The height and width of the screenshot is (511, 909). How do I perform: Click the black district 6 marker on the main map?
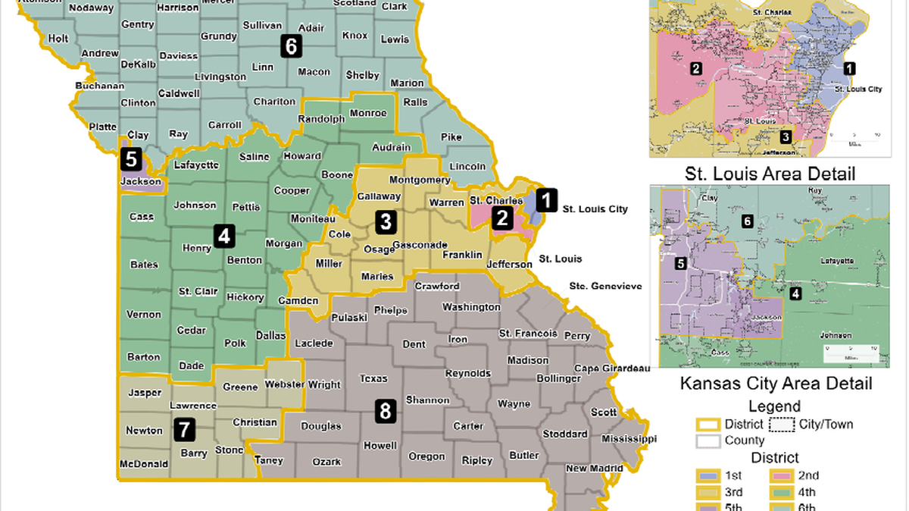pos(290,46)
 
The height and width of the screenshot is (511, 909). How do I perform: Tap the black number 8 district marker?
pos(386,412)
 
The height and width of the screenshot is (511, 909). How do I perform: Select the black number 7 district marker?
pos(183,430)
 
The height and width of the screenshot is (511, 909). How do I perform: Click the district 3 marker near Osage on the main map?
pos(386,222)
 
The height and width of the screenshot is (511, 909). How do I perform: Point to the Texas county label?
pos(373,379)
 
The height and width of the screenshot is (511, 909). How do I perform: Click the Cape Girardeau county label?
pos(612,368)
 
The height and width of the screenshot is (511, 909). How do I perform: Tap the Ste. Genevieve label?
pos(605,286)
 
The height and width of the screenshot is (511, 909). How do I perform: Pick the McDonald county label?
pos(144,464)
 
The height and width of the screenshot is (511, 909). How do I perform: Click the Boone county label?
pos(338,175)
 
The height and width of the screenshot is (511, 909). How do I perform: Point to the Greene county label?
pos(240,387)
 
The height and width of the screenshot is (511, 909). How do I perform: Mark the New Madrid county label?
pos(587,469)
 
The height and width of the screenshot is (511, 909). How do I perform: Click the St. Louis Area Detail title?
pos(770,174)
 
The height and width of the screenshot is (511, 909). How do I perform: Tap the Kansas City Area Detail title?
pos(776,384)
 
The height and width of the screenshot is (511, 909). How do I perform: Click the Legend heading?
pos(774,407)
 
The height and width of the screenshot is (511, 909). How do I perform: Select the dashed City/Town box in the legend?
pos(782,424)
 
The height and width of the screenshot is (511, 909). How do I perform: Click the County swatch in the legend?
pos(708,440)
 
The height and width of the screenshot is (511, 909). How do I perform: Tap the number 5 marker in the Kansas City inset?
pos(680,264)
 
